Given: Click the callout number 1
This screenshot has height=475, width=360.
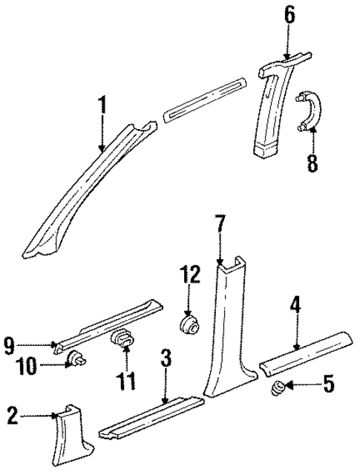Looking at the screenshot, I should click(103, 105).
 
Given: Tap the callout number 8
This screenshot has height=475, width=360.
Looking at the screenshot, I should click(312, 162).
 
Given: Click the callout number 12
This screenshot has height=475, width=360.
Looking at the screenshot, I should click(189, 277).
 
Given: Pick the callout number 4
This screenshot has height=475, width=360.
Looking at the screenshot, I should click(295, 305).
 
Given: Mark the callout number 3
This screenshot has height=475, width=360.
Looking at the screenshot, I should click(167, 359).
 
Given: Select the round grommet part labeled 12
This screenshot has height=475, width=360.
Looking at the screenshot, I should click(189, 324).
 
